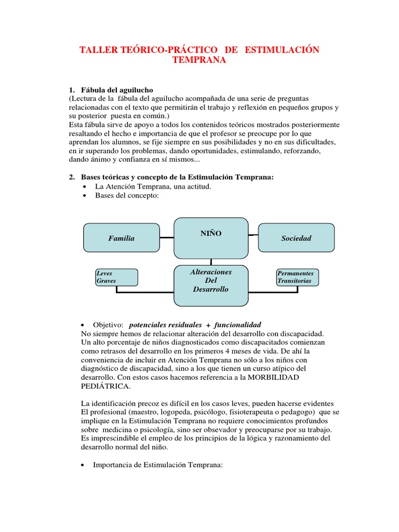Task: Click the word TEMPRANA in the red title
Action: click(199, 60)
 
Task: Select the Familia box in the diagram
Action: click(122, 238)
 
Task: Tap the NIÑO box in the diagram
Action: click(211, 237)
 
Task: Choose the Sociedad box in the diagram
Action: click(296, 238)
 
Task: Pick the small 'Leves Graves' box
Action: click(116, 277)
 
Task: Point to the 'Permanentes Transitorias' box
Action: click(297, 277)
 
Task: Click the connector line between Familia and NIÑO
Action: click(167, 238)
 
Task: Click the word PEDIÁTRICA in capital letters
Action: click(106, 387)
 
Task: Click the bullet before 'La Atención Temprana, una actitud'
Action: click(85, 187)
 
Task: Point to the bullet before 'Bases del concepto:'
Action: click(85, 196)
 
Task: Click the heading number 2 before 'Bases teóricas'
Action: click(72, 177)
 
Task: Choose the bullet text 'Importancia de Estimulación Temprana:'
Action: click(157, 465)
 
